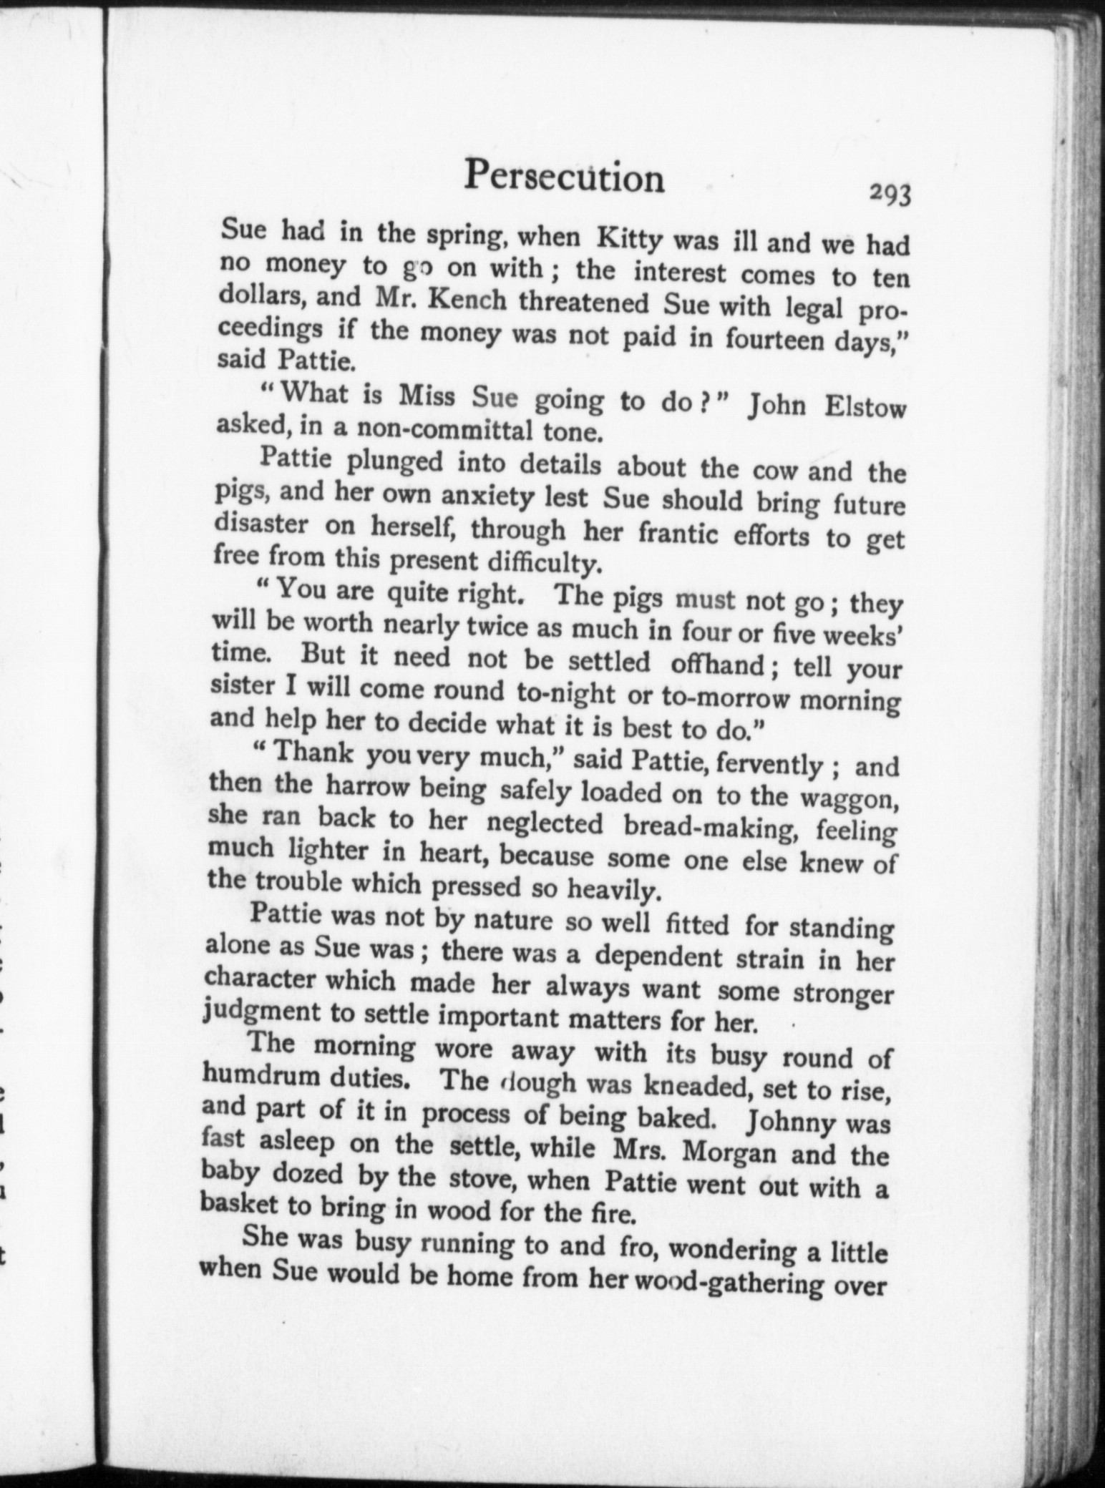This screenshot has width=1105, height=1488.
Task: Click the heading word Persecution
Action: (x=564, y=177)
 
